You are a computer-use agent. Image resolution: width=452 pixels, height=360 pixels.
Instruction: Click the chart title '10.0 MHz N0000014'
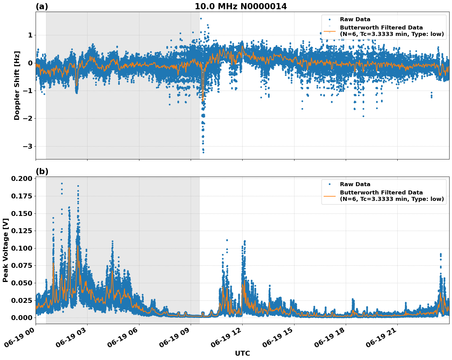[241, 6]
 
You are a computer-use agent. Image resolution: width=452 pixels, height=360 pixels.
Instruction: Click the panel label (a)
[42, 6]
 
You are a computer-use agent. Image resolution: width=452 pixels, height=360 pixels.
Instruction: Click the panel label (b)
[42, 171]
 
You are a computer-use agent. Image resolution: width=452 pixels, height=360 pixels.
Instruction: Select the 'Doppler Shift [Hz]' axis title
[17, 85]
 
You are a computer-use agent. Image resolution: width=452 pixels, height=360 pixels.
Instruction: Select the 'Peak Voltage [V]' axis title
[5, 250]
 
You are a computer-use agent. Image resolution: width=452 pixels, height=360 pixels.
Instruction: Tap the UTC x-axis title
[242, 353]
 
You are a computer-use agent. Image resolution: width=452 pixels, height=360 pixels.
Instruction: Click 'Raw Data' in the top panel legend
[355, 20]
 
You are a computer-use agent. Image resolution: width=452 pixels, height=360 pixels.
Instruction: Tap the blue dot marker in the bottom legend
[329, 184]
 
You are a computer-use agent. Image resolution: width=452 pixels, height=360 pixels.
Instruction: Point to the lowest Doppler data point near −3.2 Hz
[203, 152]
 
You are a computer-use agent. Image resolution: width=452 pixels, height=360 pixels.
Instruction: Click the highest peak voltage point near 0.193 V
[62, 183]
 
